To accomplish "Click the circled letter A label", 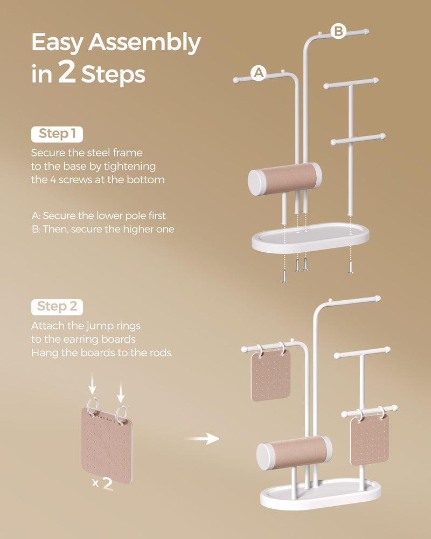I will click(x=259, y=73).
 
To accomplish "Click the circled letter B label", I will click(x=338, y=31).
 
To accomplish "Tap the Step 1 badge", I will click(x=57, y=134).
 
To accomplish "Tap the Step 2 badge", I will click(x=57, y=307).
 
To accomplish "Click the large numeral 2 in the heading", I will click(x=67, y=74).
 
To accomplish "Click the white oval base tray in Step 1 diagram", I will click(x=310, y=237).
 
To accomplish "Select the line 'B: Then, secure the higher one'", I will click(x=102, y=229).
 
